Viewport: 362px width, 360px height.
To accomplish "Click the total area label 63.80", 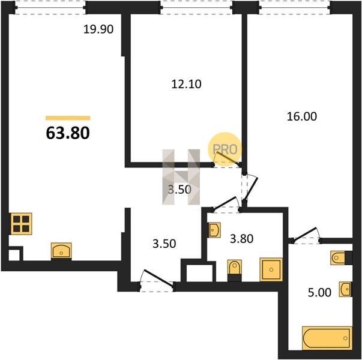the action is [68, 133].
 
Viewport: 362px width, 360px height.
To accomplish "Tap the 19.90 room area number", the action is [98, 29].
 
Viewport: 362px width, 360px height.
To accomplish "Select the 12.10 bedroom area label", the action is [186, 84].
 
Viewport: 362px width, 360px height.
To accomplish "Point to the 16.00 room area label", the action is [302, 116].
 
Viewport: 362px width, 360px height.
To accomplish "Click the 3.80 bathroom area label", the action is [242, 239].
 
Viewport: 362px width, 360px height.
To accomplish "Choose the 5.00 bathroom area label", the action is [319, 292].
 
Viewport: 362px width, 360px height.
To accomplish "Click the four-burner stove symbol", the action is [21, 224].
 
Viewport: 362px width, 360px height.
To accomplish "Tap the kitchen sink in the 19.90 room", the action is [61, 251].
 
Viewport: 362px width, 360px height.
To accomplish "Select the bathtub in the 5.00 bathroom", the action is [327, 338].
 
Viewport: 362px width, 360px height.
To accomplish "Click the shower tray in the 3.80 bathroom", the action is [271, 269].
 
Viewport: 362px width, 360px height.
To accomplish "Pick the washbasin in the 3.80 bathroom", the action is [214, 230].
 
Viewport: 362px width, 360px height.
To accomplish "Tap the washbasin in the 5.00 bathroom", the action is [345, 289].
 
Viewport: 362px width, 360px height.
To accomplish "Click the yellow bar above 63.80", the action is [68, 118].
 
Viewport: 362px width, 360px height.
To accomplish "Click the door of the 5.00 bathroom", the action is [306, 236].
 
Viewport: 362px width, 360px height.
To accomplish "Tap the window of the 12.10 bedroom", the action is [196, 8].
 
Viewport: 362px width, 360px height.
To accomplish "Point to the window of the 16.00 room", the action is [295, 8].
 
